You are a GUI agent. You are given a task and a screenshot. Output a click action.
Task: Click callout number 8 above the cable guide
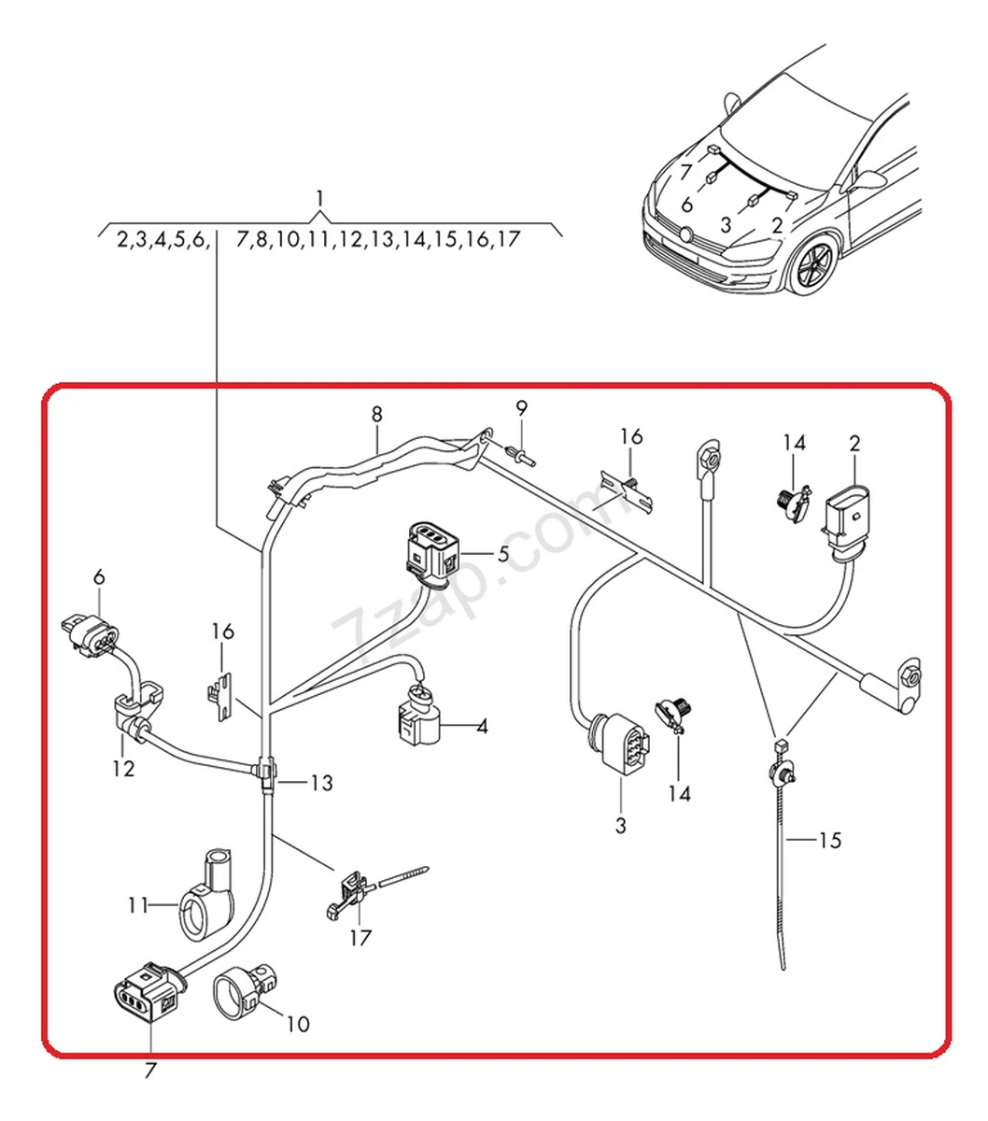pos(376,414)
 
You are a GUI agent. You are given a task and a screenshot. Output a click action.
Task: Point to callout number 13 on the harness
pos(320,783)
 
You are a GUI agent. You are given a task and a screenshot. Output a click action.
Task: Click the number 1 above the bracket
pos(320,198)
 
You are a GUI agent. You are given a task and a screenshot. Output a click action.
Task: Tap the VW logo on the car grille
pos(688,234)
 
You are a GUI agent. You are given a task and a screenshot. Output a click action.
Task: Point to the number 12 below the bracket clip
pos(123,769)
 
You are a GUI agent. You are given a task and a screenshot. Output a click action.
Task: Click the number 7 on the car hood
pos(685,172)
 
